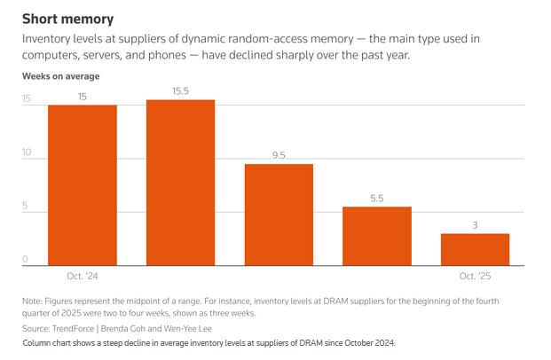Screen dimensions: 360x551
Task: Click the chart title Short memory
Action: click(67, 19)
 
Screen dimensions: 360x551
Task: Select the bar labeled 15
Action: click(83, 184)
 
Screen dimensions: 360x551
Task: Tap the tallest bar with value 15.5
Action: click(180, 182)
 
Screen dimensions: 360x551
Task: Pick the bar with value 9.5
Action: click(279, 214)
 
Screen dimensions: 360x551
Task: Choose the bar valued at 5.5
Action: click(377, 235)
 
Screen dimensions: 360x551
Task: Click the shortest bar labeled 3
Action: click(475, 248)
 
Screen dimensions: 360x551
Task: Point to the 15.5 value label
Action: click(181, 91)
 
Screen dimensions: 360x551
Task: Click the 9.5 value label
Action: click(279, 155)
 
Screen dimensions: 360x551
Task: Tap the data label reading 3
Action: click(476, 225)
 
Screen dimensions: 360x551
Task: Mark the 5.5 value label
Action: click(377, 199)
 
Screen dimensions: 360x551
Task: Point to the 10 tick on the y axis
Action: click(27, 153)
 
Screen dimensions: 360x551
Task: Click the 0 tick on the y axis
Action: click(26, 261)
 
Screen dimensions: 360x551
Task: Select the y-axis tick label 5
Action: click(26, 207)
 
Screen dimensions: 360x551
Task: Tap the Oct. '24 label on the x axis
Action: click(83, 277)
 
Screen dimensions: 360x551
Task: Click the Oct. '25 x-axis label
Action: click(475, 277)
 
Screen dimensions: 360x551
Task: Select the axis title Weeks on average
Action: click(61, 76)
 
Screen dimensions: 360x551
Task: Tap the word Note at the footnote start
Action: click(33, 301)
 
